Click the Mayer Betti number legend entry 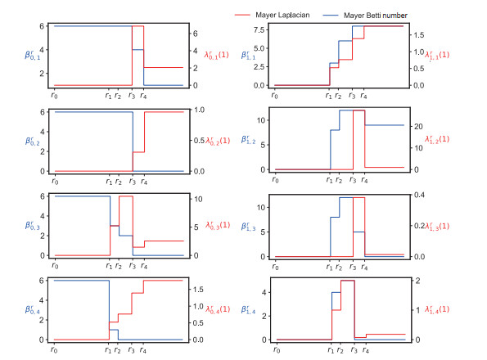[378, 12]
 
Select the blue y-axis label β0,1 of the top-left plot [31, 56]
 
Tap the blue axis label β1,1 [251, 56]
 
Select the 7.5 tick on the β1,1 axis [261, 29]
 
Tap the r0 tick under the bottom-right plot [277, 351]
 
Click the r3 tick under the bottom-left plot [133, 351]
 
